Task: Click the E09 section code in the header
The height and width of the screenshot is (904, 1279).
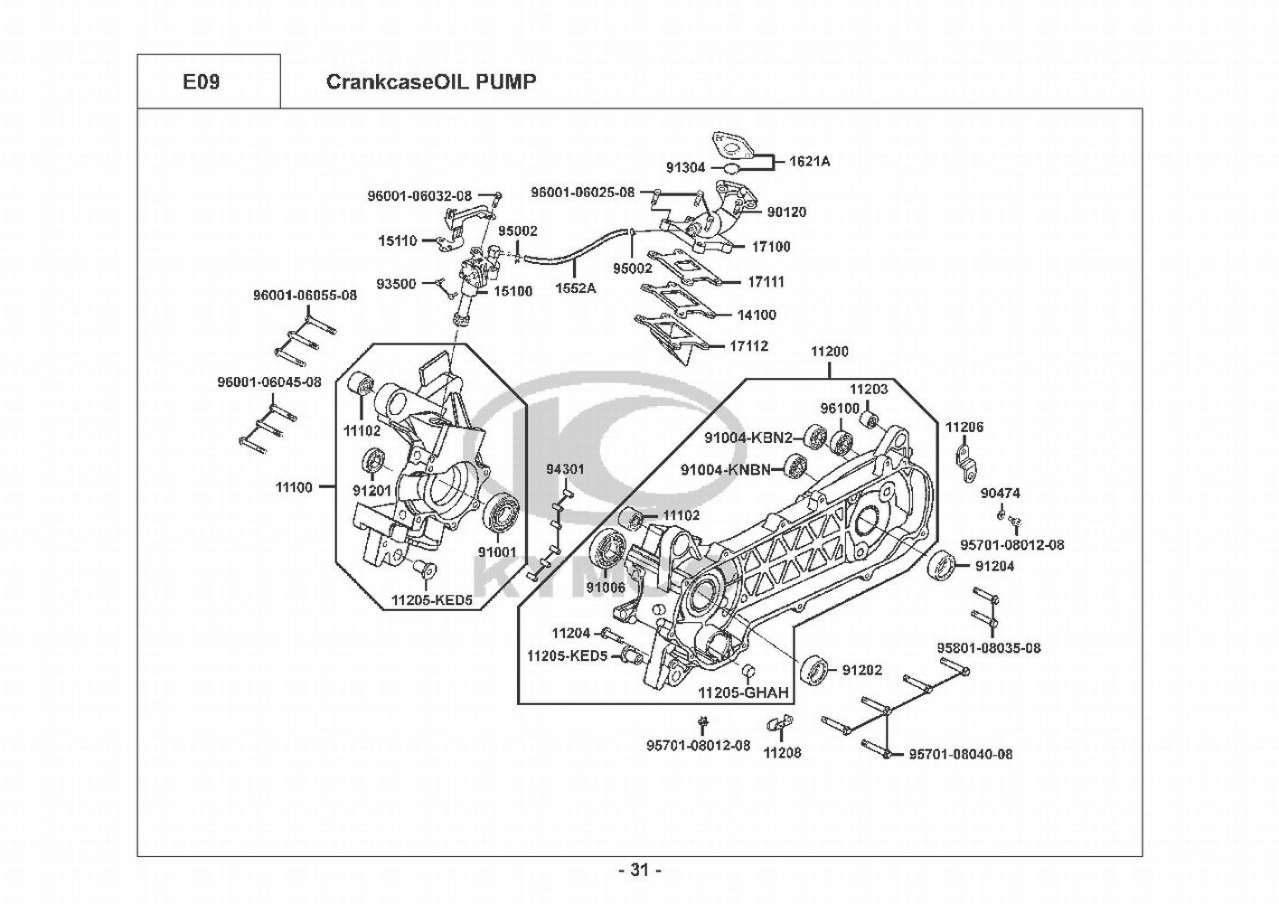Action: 201,82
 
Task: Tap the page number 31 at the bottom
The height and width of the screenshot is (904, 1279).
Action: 640,871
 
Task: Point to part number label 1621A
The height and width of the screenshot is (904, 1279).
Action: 809,162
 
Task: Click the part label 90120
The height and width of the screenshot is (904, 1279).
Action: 786,212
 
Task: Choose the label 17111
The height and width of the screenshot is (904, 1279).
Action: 766,282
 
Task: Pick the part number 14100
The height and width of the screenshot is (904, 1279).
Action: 757,315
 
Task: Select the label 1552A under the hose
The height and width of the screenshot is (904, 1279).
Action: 576,288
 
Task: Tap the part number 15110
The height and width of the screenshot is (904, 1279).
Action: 397,241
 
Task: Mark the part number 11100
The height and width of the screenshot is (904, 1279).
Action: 294,487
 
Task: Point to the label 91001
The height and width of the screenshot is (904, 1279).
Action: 497,551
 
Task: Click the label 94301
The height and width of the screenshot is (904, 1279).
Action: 565,470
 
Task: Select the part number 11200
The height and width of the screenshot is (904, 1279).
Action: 829,352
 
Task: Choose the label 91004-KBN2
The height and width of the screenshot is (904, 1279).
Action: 748,438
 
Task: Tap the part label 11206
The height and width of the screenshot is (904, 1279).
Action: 964,427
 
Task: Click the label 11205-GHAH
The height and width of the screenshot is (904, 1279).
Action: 743,693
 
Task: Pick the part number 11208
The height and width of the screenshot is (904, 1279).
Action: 782,752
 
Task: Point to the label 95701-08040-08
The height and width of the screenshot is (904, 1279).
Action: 960,754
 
